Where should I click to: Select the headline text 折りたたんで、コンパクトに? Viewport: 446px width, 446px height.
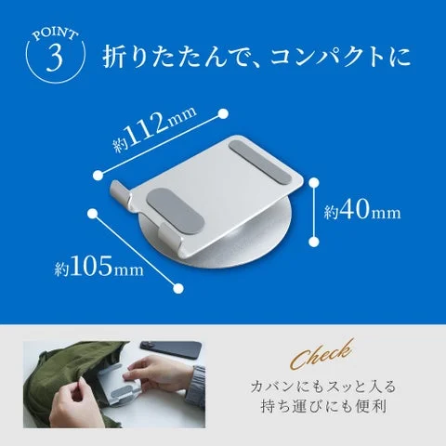coord(256,59)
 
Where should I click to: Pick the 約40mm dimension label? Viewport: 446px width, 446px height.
coord(362,212)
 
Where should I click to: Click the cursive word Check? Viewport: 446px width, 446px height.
coord(320,354)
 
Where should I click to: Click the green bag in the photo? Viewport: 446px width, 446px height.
coord(65,386)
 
